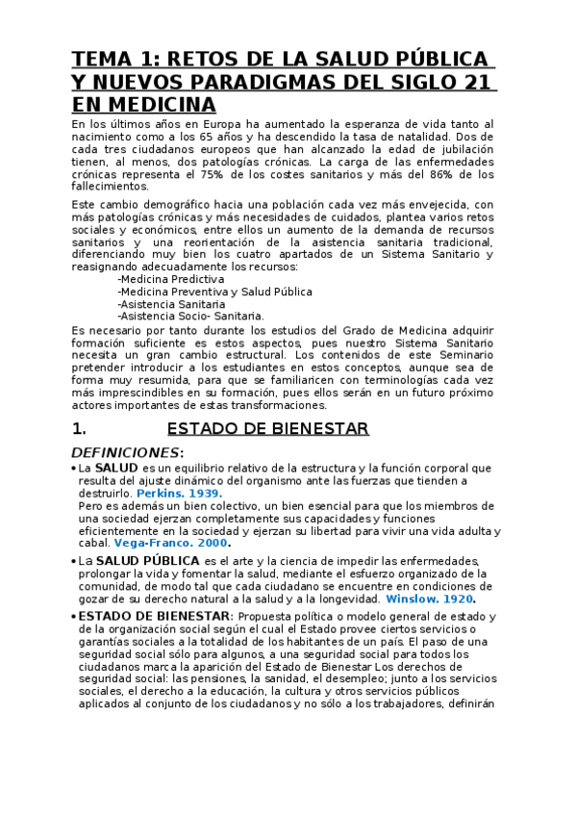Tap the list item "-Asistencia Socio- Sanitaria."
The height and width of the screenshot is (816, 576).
pyautogui.click(x=189, y=316)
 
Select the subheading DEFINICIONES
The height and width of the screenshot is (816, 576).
pyautogui.click(x=126, y=452)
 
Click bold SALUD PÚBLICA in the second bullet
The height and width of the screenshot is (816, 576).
pyautogui.click(x=147, y=560)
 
